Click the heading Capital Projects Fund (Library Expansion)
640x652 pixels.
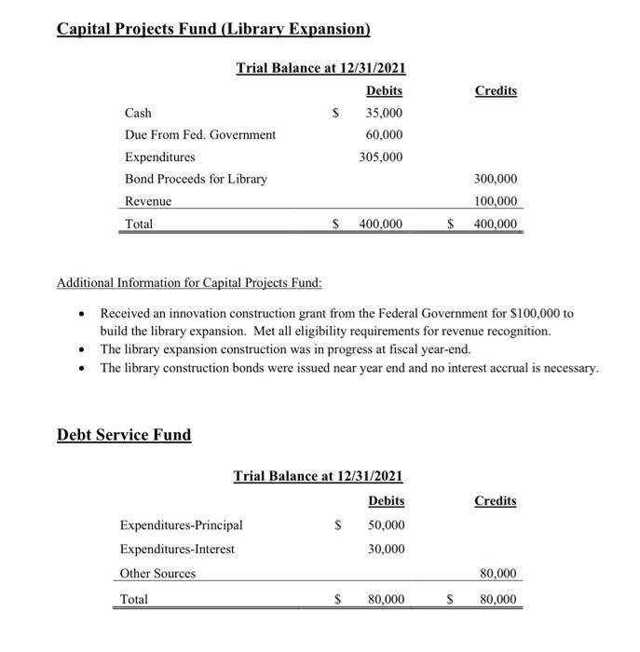click(213, 29)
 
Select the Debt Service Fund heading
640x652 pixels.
click(124, 435)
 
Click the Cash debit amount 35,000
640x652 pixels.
click(384, 113)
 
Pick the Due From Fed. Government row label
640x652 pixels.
click(200, 135)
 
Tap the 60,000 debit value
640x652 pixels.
click(384, 135)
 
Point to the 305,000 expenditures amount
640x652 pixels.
click(381, 156)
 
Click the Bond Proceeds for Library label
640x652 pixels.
click(196, 179)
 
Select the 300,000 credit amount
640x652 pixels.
click(496, 179)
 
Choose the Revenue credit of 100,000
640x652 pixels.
click(496, 201)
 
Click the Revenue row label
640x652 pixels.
click(148, 201)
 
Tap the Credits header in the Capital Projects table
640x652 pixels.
click(496, 90)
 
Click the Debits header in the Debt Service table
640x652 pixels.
click(386, 501)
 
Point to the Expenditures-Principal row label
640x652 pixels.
click(181, 525)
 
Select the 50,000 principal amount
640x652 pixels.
click(386, 525)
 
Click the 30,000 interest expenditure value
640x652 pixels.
click(386, 550)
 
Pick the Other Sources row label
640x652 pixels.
click(157, 574)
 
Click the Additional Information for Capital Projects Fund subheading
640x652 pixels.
click(189, 283)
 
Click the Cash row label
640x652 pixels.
click(138, 113)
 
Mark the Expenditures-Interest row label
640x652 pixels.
click(177, 550)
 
